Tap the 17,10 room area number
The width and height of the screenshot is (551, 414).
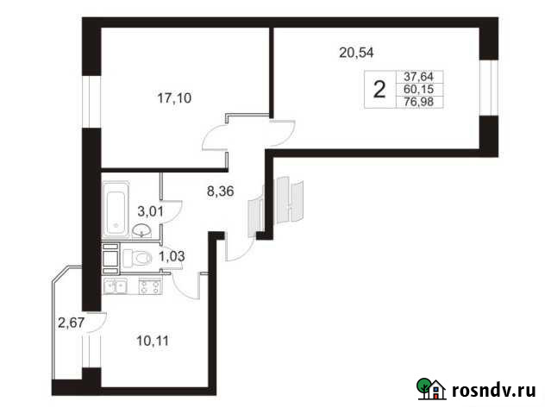pyautogui.click(x=175, y=97)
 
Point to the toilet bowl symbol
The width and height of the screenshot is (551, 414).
pyautogui.click(x=137, y=257)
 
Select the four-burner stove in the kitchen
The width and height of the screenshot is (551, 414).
pyautogui.click(x=149, y=285)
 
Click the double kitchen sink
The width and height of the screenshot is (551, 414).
pyautogui.click(x=116, y=285)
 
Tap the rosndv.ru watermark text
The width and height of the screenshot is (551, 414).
pyautogui.click(x=494, y=391)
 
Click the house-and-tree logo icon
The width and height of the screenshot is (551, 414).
pyautogui.click(x=431, y=390)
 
